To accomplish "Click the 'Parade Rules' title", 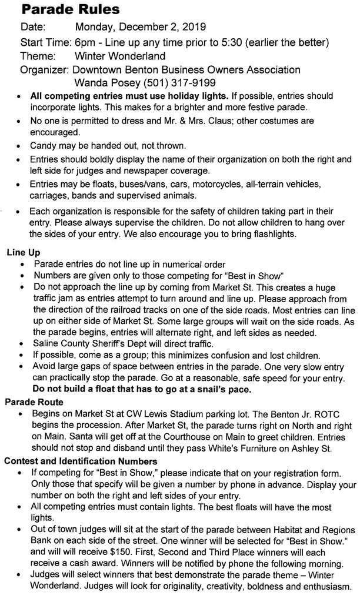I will (x=70, y=10).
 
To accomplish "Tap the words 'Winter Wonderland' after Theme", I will (x=120, y=56).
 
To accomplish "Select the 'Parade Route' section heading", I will (x=34, y=402).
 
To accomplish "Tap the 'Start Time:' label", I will (x=46, y=42).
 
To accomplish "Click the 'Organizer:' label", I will (x=45, y=70).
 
